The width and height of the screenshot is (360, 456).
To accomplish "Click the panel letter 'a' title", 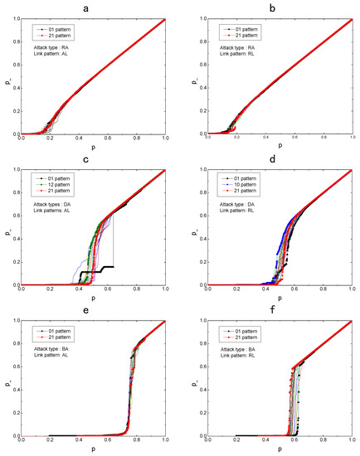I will (93, 7).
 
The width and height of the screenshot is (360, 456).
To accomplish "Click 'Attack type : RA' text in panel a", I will (56, 49).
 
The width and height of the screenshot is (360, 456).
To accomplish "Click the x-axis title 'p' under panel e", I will (93, 450).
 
